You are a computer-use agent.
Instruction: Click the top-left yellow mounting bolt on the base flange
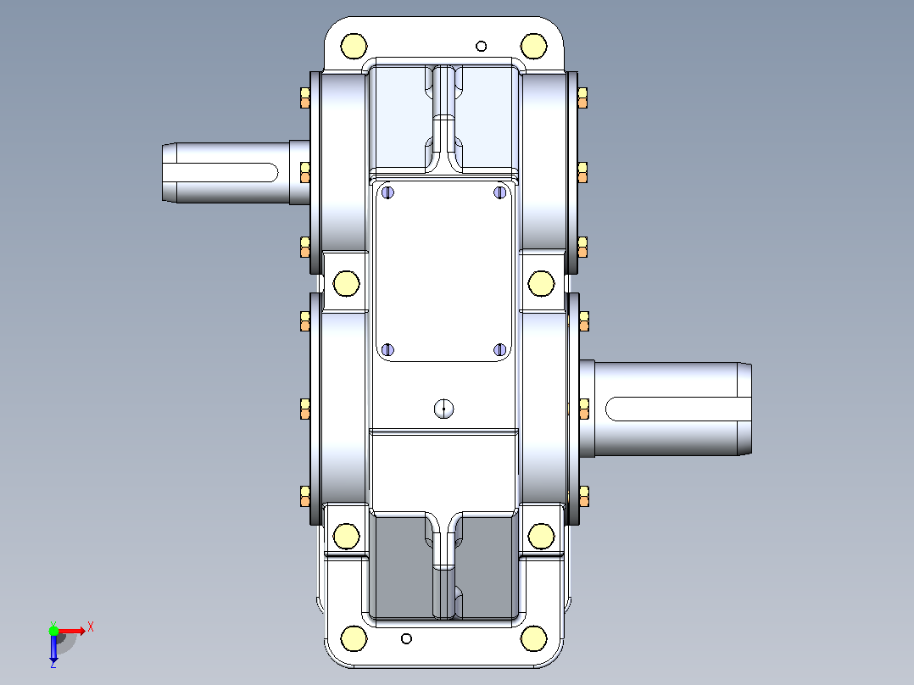tap(354, 47)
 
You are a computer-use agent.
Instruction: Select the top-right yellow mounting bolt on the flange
tap(534, 47)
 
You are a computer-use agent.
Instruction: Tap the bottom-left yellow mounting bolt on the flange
tap(354, 638)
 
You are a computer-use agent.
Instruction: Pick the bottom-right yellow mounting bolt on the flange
tap(534, 638)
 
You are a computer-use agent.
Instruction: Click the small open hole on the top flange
tap(482, 46)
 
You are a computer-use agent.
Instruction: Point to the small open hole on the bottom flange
tap(407, 639)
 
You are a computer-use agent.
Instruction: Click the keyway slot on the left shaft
tap(220, 173)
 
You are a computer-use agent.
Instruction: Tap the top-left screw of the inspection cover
tap(387, 192)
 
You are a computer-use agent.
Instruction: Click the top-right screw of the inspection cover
tap(500, 192)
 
